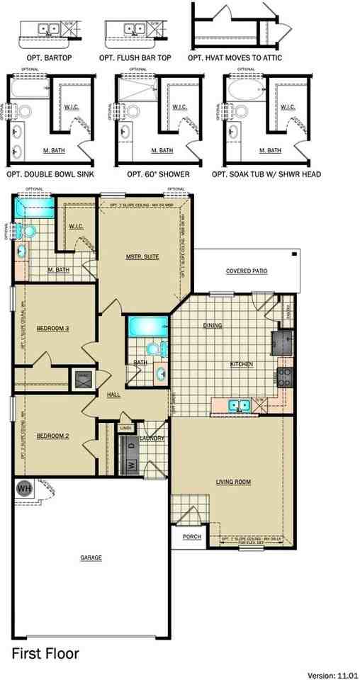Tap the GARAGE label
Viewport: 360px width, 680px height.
click(91, 557)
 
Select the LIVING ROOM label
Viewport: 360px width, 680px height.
click(234, 482)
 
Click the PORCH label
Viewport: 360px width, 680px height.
click(191, 537)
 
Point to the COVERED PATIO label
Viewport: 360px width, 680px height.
click(247, 271)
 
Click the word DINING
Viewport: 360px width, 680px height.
click(212, 326)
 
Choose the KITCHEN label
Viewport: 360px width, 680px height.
click(242, 364)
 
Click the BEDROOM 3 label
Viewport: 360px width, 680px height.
click(51, 328)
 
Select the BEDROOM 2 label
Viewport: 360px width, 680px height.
click(52, 436)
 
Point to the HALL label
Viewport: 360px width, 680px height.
click(113, 394)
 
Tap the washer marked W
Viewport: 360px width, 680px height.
click(130, 465)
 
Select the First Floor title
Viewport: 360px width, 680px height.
click(45, 653)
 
